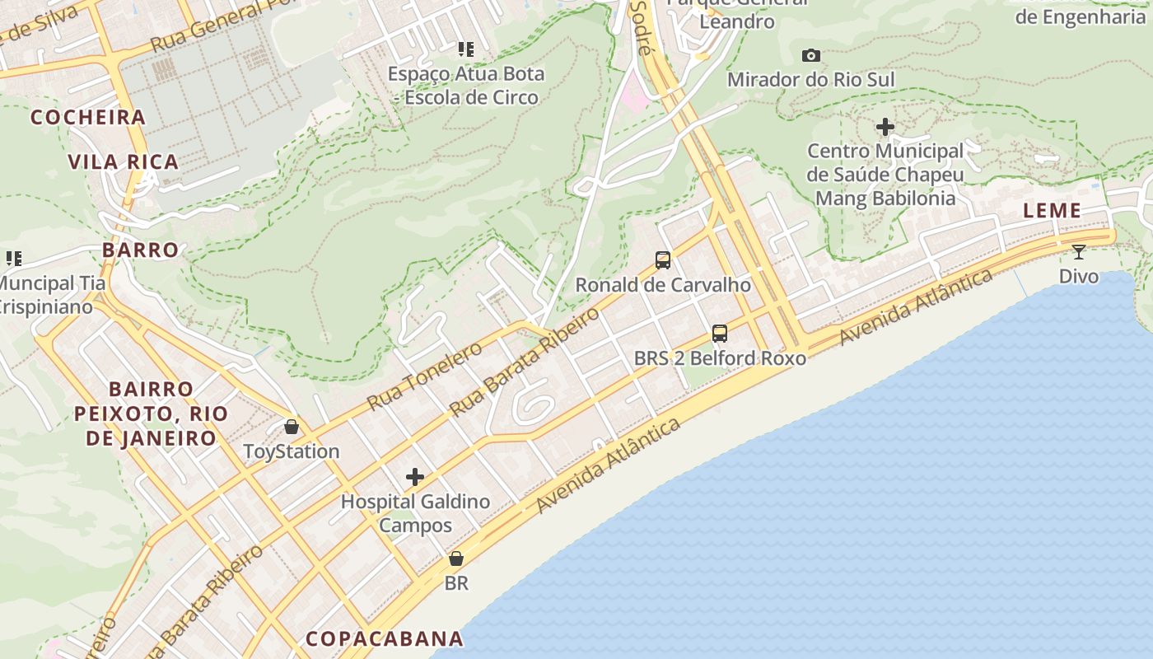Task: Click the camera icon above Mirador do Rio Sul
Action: [811, 55]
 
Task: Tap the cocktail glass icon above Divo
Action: [1079, 251]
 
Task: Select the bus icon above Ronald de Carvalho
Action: [663, 260]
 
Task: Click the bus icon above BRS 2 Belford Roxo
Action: [720, 334]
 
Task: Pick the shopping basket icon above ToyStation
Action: [292, 427]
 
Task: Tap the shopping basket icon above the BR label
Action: [456, 559]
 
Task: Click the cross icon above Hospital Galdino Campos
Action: [415, 477]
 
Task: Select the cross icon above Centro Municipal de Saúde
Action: [885, 127]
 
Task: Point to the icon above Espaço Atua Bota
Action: [466, 49]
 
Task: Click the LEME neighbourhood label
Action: [1052, 211]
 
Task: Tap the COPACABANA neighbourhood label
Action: [385, 638]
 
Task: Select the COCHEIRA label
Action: [88, 117]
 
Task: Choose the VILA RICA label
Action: [124, 161]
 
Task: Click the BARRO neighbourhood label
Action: [140, 250]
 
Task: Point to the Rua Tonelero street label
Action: [424, 376]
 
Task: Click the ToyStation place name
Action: [292, 451]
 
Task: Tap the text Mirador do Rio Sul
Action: [811, 80]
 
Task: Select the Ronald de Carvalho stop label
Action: [663, 285]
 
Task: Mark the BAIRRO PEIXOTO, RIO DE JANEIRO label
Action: [151, 413]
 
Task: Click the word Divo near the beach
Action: [1079, 276]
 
